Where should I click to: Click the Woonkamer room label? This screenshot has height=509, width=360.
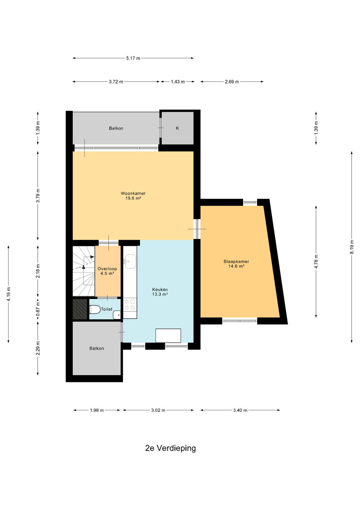click(x=133, y=193)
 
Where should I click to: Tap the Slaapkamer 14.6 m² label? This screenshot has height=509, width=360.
click(x=236, y=264)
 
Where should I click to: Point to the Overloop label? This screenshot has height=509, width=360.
click(x=107, y=269)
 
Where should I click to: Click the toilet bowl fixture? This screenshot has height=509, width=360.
click(x=95, y=310)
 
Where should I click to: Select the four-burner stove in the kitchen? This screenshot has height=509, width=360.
click(x=130, y=305)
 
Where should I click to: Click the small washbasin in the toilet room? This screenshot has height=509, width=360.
click(x=117, y=315)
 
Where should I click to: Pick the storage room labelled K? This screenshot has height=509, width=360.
click(x=177, y=128)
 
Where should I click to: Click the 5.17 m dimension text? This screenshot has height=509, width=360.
click(x=133, y=58)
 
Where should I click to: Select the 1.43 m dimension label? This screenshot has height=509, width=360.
click(x=178, y=82)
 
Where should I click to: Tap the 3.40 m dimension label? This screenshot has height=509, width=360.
click(x=240, y=410)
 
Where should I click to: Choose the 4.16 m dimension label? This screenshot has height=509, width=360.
click(x=8, y=294)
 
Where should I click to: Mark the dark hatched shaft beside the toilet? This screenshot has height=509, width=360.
click(x=80, y=309)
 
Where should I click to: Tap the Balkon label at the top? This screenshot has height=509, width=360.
click(x=116, y=128)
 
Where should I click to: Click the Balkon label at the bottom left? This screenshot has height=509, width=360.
click(x=97, y=349)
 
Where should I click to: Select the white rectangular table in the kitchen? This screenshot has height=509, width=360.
click(x=168, y=335)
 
